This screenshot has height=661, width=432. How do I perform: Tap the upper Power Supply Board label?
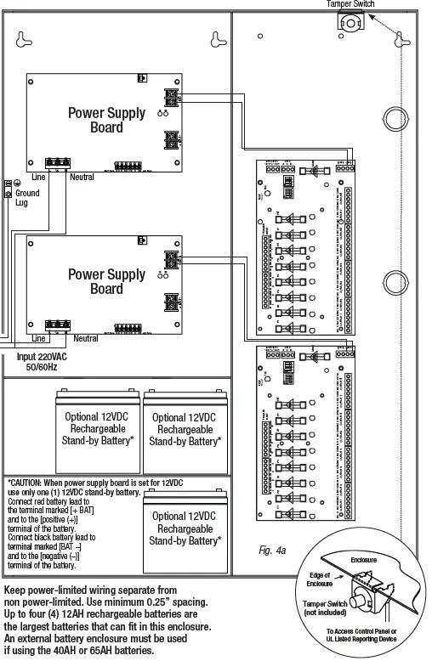click(x=107, y=120)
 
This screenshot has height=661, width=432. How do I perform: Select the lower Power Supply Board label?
click(x=107, y=281)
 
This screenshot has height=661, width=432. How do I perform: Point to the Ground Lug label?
click(x=27, y=198)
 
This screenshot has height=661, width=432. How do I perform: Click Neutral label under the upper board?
click(x=82, y=178)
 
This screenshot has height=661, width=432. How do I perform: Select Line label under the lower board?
click(x=38, y=339)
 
